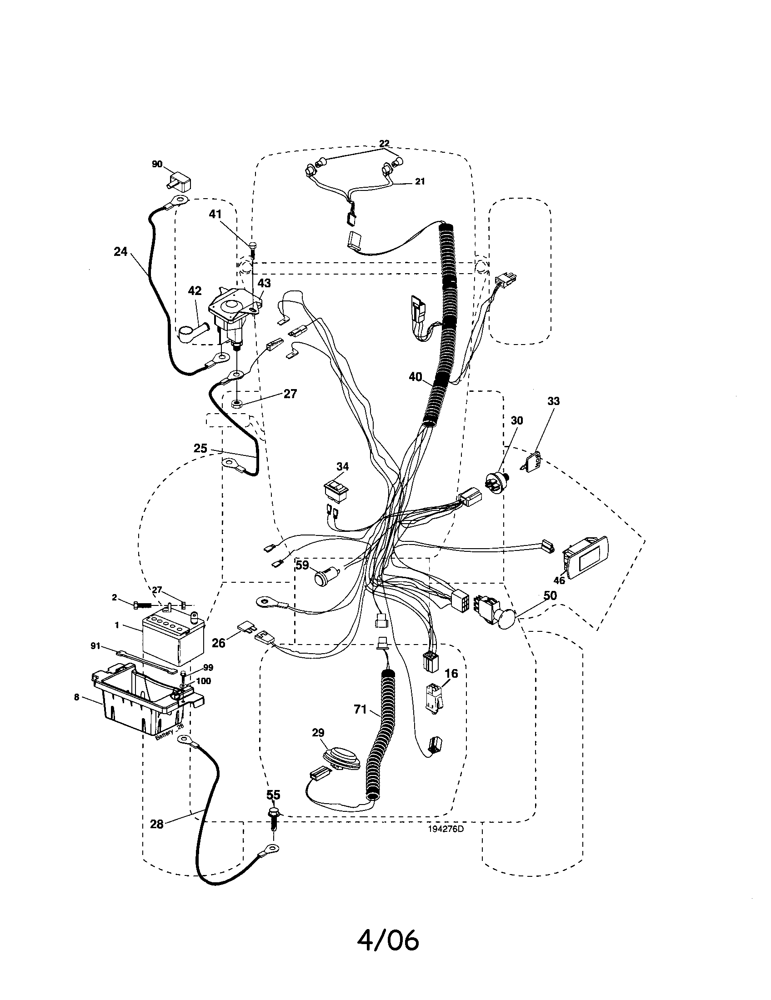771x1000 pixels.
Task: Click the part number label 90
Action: pos(157,164)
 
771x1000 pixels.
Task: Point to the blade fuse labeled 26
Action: pos(244,627)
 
